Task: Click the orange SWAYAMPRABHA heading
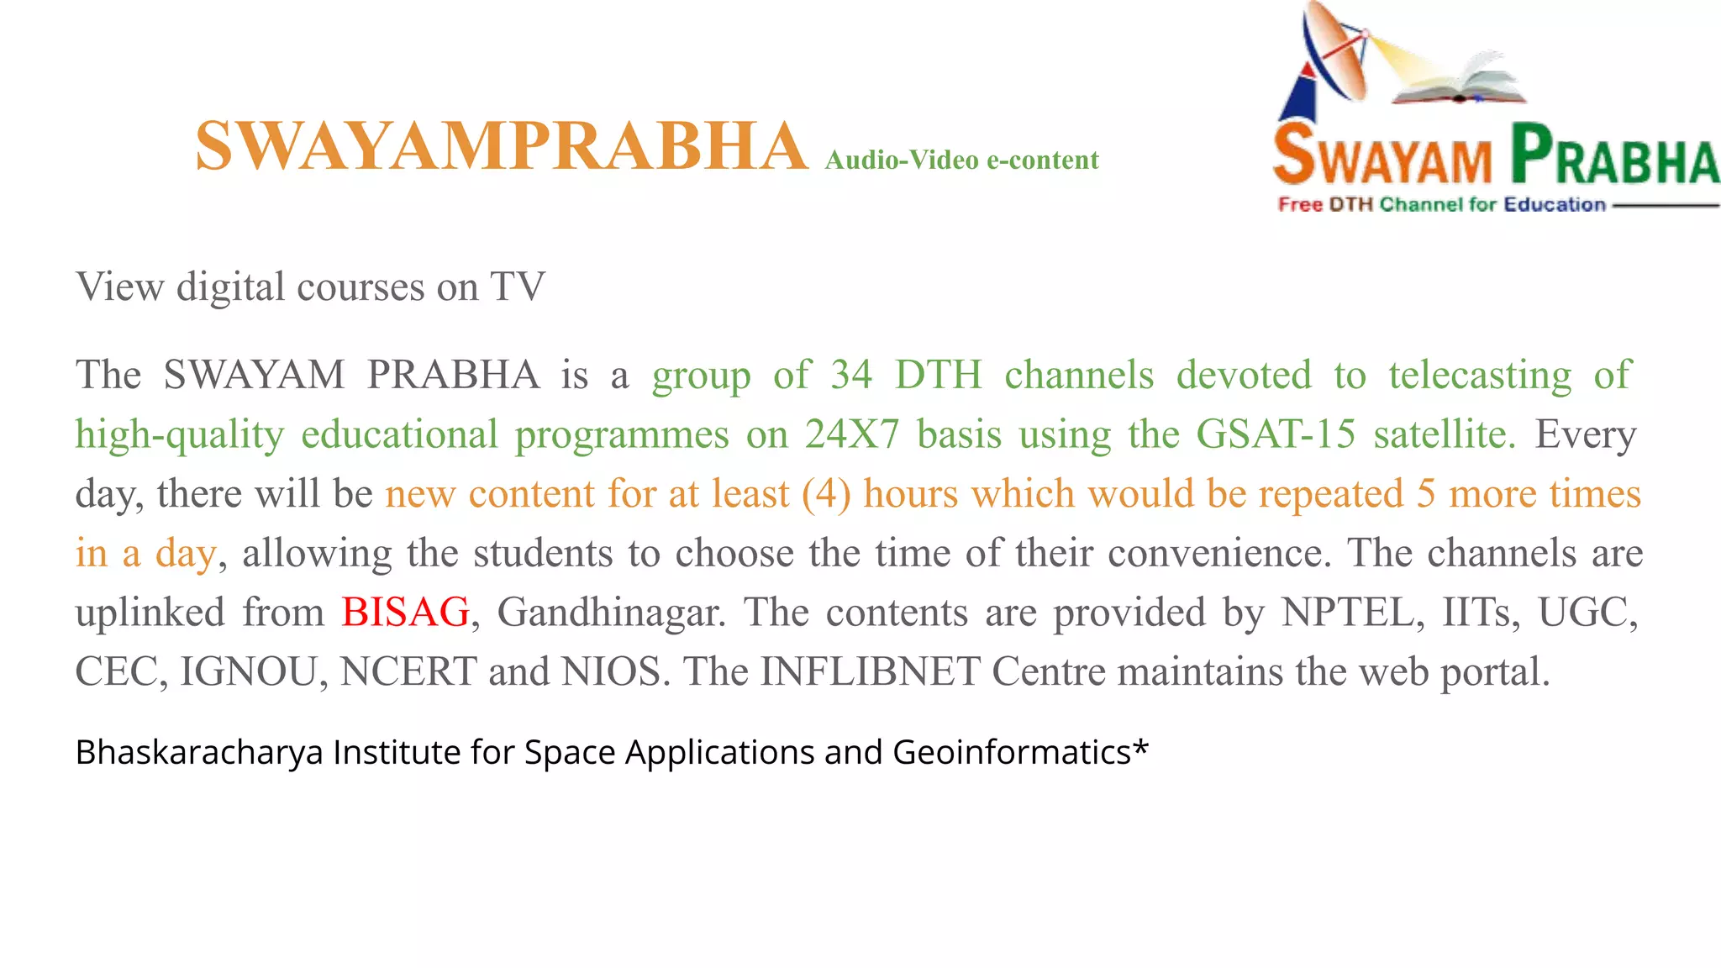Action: [x=501, y=146]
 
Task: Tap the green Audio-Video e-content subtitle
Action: [x=961, y=160]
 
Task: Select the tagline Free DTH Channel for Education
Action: [x=1441, y=204]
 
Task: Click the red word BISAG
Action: [x=405, y=612]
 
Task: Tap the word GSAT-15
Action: [x=1275, y=434]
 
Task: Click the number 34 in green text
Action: [x=851, y=375]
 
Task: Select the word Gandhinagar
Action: [x=612, y=612]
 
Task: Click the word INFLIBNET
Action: [x=870, y=671]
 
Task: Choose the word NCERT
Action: [x=408, y=671]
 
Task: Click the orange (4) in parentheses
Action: [x=826, y=494]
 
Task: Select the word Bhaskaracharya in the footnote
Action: [x=199, y=752]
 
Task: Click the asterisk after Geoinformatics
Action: [x=1140, y=746]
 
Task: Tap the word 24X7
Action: [x=851, y=434]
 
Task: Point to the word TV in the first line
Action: [x=518, y=287]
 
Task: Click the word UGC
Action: [x=1587, y=612]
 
